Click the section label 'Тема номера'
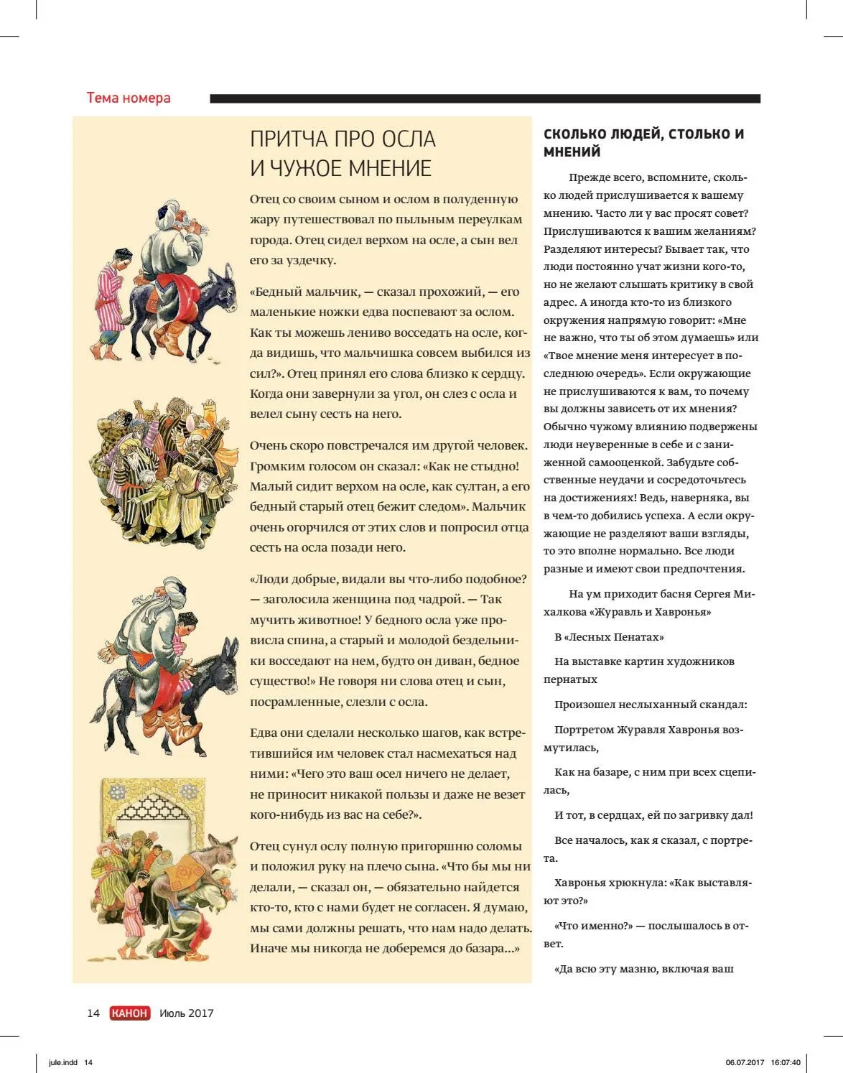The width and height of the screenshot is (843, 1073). (129, 98)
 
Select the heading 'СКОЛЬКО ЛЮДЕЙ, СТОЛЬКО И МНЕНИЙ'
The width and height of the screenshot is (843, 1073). (643, 142)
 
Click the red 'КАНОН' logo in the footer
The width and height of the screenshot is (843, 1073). (130, 1013)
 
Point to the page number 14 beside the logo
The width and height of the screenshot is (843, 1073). (93, 1013)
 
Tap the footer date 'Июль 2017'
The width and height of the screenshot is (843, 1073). (187, 1013)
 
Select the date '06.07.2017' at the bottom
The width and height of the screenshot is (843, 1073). (745, 1063)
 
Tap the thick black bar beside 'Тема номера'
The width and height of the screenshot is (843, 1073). (485, 98)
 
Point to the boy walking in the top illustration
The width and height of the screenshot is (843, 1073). (113, 302)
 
